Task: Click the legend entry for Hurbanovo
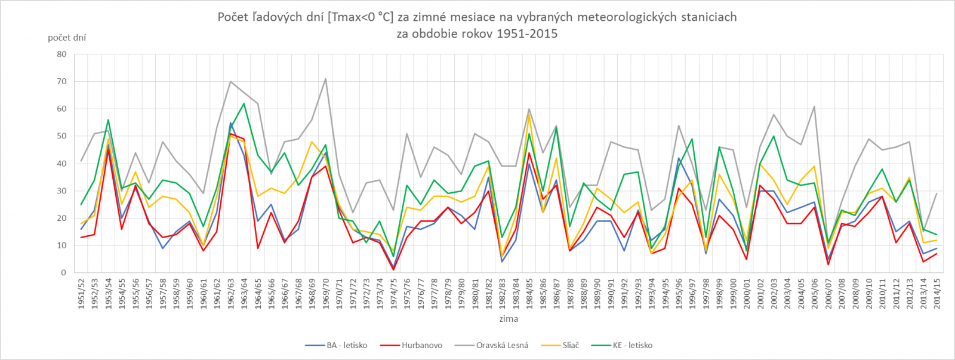pos(421,345)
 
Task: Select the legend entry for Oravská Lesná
pos(501,345)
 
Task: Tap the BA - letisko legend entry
pos(346,345)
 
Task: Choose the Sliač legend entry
pos(570,345)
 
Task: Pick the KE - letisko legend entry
pos(632,345)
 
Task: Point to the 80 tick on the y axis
pos(61,54)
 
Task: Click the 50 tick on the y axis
pos(61,136)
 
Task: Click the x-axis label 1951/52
pos(81,292)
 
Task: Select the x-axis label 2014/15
pos(936,292)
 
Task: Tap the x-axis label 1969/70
pos(325,292)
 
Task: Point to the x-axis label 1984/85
pos(529,292)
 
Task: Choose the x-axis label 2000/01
pos(746,292)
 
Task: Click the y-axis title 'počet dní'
pos(67,38)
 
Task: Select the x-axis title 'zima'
pos(509,319)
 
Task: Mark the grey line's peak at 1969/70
pos(325,79)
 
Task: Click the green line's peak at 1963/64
pos(244,104)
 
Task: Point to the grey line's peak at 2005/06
pos(814,107)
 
